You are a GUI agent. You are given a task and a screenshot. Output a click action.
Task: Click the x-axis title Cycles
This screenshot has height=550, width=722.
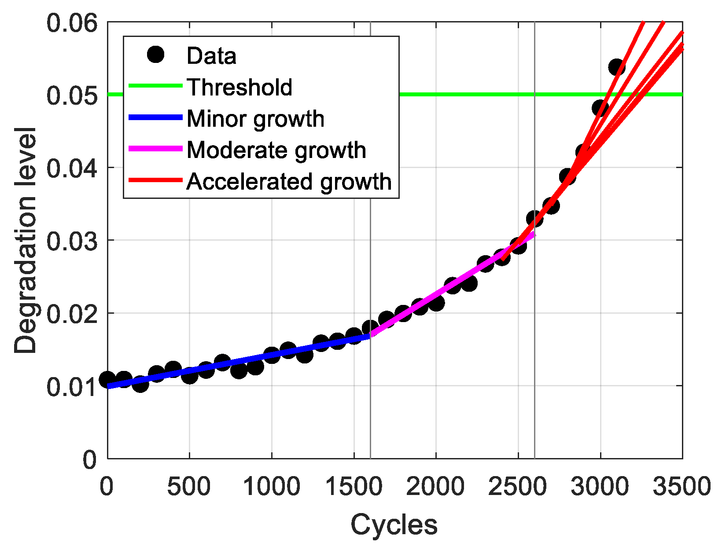394,524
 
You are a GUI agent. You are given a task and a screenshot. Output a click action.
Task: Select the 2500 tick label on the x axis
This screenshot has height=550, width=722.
518,487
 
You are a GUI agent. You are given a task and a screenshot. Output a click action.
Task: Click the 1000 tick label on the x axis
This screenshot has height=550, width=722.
272,487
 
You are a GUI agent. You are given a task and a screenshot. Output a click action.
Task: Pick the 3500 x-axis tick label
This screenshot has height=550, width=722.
681,487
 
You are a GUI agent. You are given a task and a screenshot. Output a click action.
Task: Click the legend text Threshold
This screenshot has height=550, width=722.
239,87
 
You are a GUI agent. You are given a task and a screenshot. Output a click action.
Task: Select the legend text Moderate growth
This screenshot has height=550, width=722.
276,150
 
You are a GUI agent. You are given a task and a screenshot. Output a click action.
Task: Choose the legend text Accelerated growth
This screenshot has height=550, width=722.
289,181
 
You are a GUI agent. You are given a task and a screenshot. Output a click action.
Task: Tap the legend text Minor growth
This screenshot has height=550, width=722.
255,119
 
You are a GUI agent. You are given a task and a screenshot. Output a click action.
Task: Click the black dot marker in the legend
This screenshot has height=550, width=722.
155,55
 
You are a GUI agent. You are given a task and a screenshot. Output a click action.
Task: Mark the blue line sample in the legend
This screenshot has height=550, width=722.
155,117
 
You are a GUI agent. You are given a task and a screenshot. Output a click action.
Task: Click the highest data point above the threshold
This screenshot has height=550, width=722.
617,67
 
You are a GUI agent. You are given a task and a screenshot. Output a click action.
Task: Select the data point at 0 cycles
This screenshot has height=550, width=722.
107,379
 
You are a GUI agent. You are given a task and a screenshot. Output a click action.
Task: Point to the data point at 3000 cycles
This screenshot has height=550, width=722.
600,108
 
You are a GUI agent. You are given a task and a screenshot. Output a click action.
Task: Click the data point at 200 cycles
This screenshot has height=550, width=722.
140,385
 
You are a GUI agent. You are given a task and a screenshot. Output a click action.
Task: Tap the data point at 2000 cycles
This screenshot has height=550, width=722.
436,303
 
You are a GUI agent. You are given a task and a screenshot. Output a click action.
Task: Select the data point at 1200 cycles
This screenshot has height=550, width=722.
305,355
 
